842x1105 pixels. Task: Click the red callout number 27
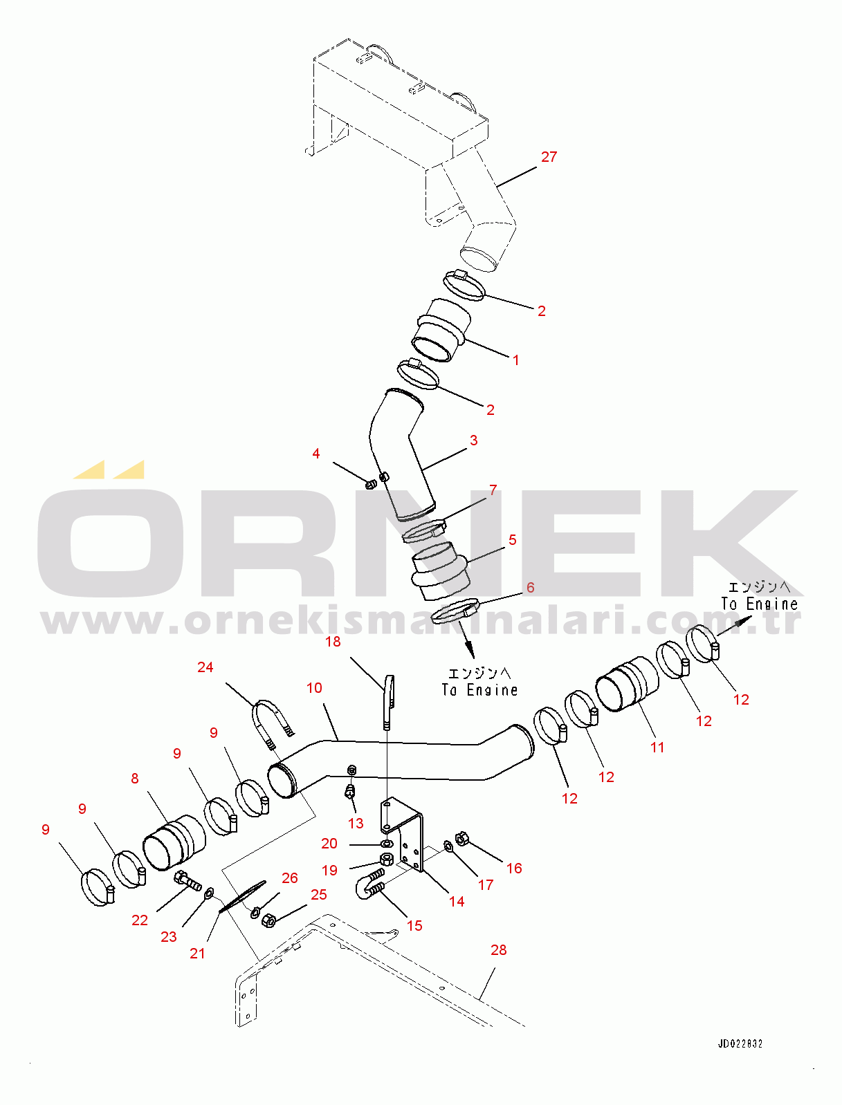(x=549, y=157)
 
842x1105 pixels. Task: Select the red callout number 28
(x=499, y=950)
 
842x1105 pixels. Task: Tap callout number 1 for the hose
(x=515, y=360)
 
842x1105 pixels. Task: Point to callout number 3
(x=473, y=440)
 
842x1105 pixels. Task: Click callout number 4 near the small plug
(x=315, y=454)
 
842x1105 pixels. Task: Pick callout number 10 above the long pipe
(x=314, y=687)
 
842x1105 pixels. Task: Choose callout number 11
(x=657, y=748)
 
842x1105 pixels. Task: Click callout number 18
(x=333, y=641)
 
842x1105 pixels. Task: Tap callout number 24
(x=205, y=667)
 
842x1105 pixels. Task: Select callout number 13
(x=356, y=823)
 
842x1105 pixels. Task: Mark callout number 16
(x=514, y=868)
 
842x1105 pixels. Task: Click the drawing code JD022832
(x=740, y=1043)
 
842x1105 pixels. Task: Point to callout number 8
(x=134, y=779)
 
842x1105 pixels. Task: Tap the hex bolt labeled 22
(x=187, y=880)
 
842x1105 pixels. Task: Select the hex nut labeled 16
(x=461, y=838)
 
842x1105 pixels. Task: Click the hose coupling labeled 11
(x=626, y=685)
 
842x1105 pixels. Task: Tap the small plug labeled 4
(x=371, y=484)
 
